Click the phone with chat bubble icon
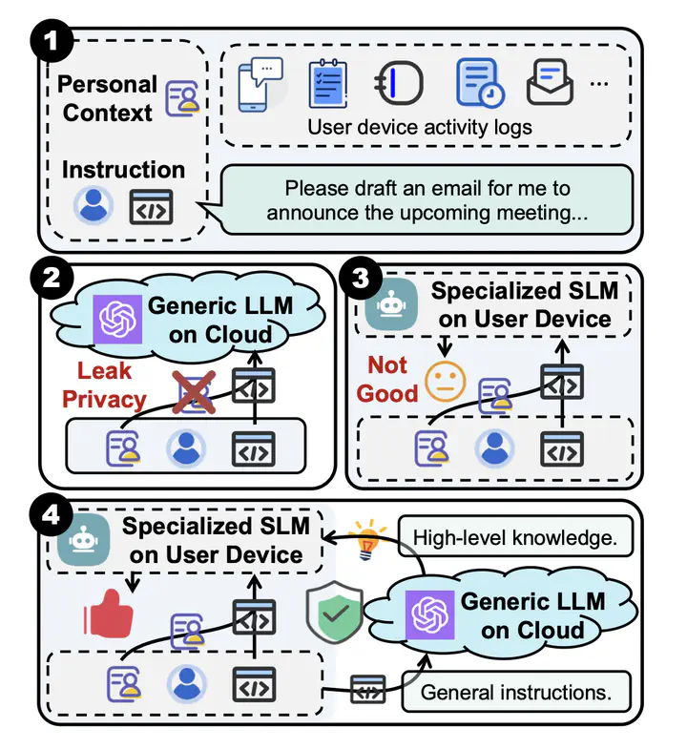262,83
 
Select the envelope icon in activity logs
550,83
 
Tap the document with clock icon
481,83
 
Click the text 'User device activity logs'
419,127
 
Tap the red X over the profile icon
195,391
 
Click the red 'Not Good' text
388,379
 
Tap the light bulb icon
366,539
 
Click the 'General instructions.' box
516,690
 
